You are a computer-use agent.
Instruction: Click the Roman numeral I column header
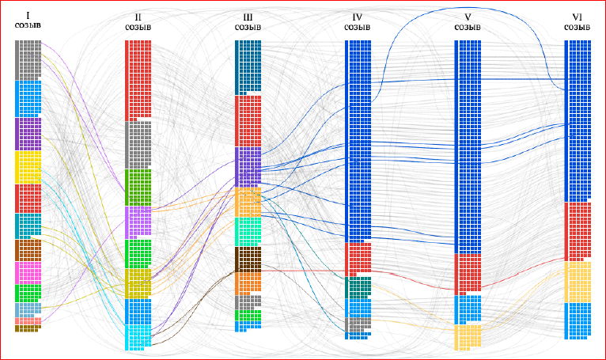pos(28,15)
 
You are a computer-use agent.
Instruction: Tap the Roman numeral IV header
pos(357,17)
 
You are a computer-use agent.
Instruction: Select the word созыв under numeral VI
pos(576,27)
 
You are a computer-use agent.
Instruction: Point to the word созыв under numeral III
pos(248,27)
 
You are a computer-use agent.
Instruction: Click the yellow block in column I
pos(28,167)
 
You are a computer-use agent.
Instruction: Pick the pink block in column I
pos(28,273)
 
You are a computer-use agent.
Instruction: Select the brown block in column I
pos(28,250)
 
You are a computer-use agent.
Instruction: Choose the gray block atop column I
pos(28,59)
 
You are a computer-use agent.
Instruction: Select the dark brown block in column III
pos(248,259)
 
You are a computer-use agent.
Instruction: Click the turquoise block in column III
pos(248,231)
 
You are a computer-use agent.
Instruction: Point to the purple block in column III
pos(248,166)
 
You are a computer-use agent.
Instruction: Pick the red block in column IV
pos(358,259)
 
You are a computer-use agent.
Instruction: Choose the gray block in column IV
pos(358,325)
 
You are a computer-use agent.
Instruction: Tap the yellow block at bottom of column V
pos(467,336)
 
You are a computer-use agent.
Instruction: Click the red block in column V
pos(467,274)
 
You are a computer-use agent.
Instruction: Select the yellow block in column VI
pos(577,282)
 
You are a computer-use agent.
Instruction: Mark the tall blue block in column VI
pos(577,119)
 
